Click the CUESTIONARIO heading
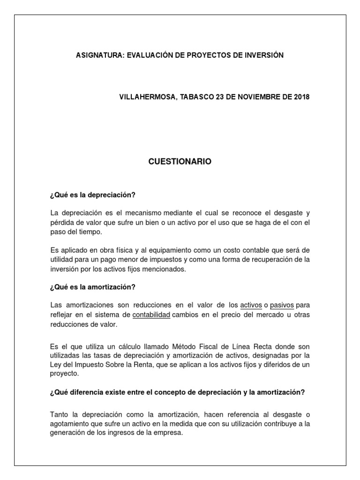click(x=180, y=162)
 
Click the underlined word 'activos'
click(x=251, y=306)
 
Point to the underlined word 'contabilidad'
click(x=151, y=315)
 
